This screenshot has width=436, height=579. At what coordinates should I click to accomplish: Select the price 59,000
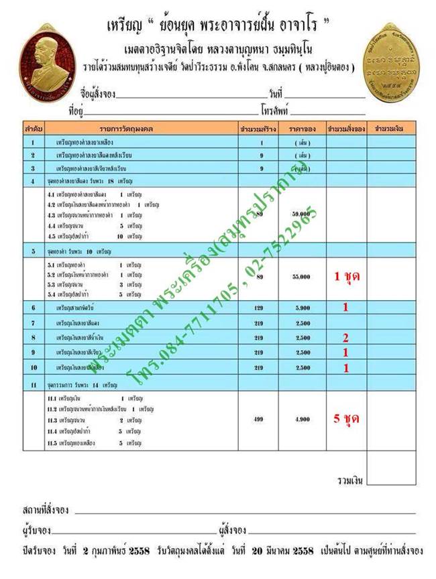pyautogui.click(x=301, y=214)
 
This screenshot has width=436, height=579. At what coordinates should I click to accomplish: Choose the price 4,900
pyautogui.click(x=301, y=419)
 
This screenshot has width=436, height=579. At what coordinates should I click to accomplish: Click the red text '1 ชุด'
pyautogui.click(x=346, y=275)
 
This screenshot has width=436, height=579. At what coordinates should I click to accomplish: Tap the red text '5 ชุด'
pyautogui.click(x=346, y=419)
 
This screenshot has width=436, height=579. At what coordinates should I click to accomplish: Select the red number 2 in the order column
pyautogui.click(x=345, y=337)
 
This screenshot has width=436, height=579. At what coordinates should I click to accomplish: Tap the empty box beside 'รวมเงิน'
pyautogui.click(x=392, y=480)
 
